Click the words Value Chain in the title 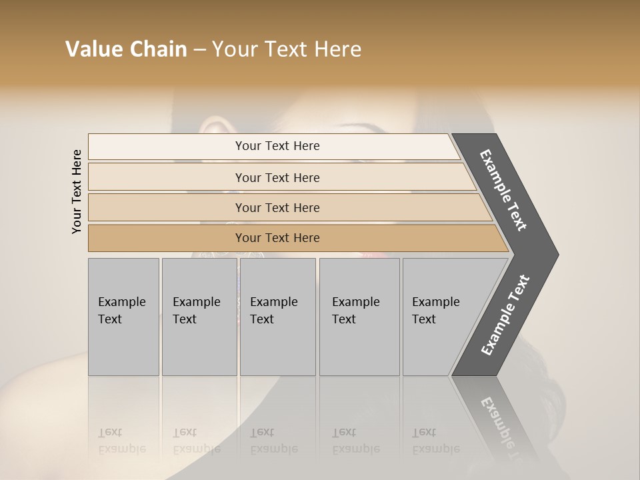[126, 49]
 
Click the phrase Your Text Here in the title [287, 49]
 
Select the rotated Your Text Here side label [77, 191]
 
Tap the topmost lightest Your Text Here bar [277, 146]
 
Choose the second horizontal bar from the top [277, 177]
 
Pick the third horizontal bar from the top [277, 207]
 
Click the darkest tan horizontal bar [277, 238]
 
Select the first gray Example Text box [123, 317]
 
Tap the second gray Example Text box [199, 317]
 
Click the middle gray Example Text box [277, 317]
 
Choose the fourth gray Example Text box [359, 317]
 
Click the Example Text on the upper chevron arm [503, 190]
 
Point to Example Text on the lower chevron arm [505, 315]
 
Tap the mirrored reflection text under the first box [121, 441]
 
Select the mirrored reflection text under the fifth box [436, 441]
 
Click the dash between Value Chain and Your [199, 50]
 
